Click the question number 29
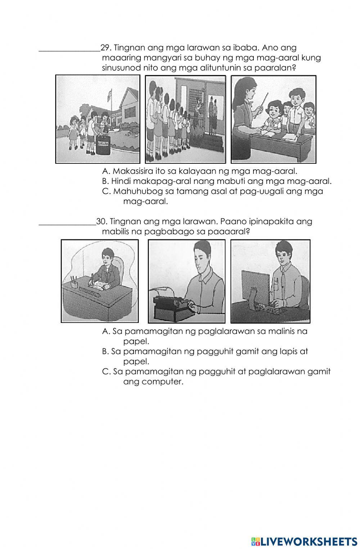pyautogui.click(x=105, y=48)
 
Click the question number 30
pyautogui.click(x=101, y=221)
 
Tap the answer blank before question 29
pyautogui.click(x=69, y=50)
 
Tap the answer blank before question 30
pyautogui.click(x=67, y=224)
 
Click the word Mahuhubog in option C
pyautogui.click(x=132, y=191)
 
